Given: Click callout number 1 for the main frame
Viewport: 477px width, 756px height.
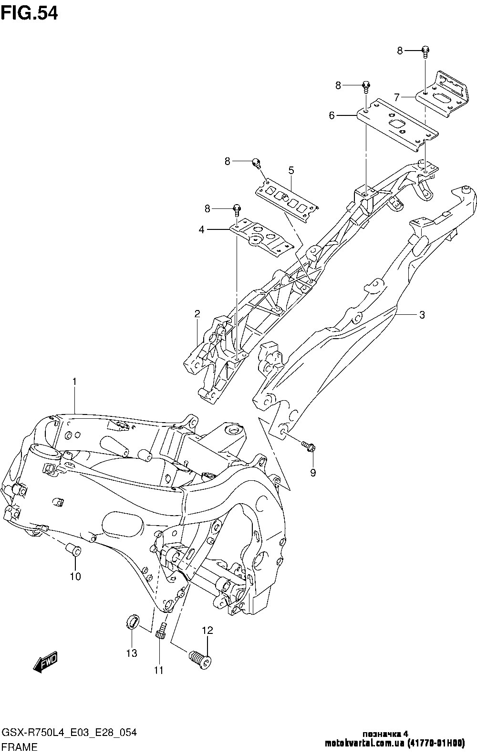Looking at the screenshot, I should coord(74,382).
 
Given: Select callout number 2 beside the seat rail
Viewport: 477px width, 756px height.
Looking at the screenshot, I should coord(197,314).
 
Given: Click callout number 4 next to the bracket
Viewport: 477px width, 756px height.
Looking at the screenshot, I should coord(202,229).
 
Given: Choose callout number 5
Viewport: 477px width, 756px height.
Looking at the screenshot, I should coord(291,170).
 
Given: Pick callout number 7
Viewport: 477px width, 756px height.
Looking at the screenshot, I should coord(397,97).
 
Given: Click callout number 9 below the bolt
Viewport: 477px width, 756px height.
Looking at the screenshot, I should coord(313,473).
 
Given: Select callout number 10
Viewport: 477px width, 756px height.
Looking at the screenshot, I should coord(75,576).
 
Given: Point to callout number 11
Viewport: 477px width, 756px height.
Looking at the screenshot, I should coord(158,670).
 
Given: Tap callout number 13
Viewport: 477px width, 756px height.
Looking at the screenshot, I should coord(132,652).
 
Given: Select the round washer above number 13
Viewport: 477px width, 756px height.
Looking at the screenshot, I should coord(132,622).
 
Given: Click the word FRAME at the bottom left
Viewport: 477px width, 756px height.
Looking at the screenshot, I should coord(20,747).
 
